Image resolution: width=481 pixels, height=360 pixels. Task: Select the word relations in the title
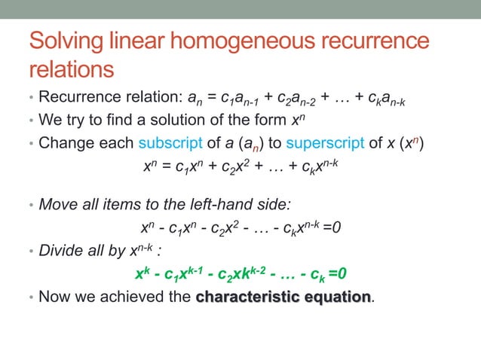point(71,69)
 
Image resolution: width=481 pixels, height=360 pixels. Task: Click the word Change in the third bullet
point(66,142)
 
